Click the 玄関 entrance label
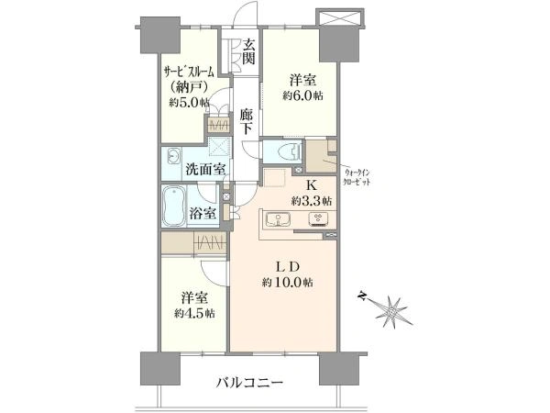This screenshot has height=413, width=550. click(248, 51)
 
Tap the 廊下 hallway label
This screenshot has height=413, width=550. click(246, 121)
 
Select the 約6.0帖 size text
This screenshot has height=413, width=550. click(303, 95)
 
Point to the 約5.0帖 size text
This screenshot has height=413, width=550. click(190, 103)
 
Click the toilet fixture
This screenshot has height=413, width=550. click(290, 151)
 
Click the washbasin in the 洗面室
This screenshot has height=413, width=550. click(173, 156)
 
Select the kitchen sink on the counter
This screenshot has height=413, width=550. click(278, 220)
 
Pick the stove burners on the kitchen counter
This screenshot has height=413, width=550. click(318, 219)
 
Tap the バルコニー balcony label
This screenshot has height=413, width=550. click(249, 383)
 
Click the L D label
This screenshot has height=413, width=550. click(287, 267)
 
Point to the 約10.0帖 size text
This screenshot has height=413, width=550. click(288, 282)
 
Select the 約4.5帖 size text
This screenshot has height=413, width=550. click(194, 313)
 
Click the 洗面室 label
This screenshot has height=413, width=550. click(204, 170)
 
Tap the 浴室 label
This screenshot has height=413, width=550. click(203, 213)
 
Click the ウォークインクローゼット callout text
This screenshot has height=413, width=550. click(357, 178)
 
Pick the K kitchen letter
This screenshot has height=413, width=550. click(312, 185)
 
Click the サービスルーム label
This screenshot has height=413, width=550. click(189, 72)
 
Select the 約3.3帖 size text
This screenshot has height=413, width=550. click(312, 201)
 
